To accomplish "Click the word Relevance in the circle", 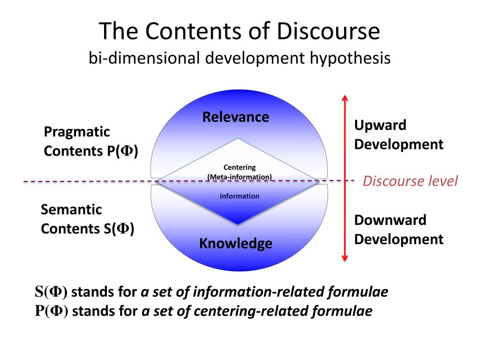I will [x=236, y=117].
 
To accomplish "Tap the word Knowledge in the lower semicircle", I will [x=236, y=243].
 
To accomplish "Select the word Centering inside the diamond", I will [x=240, y=167].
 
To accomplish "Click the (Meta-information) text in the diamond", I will [x=240, y=177].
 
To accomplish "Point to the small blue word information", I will [x=240, y=196].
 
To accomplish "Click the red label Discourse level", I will [x=410, y=181].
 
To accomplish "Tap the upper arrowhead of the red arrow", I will [x=345, y=97].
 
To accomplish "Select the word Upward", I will [x=380, y=125].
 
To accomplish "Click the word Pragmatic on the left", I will [x=77, y=132].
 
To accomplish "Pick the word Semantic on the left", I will [x=71, y=209].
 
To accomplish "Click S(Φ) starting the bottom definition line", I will [x=51, y=292].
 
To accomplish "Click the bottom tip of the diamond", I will [x=239, y=225].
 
